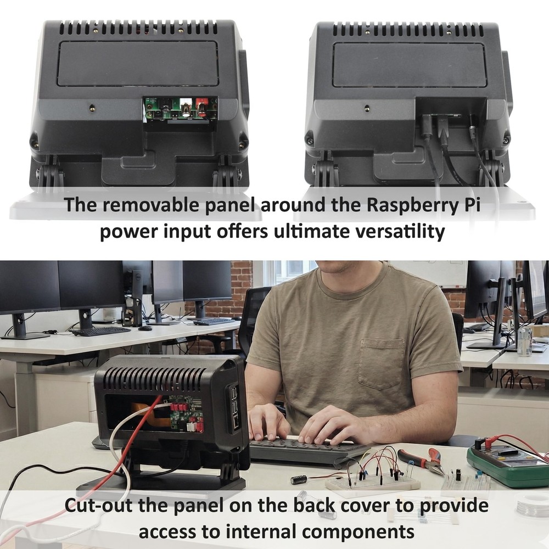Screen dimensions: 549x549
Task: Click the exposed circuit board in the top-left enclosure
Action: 181,108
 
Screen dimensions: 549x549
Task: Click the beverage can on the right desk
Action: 524,340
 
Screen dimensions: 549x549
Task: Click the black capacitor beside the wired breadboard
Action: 299,479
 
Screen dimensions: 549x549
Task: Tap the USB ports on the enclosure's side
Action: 233,401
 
